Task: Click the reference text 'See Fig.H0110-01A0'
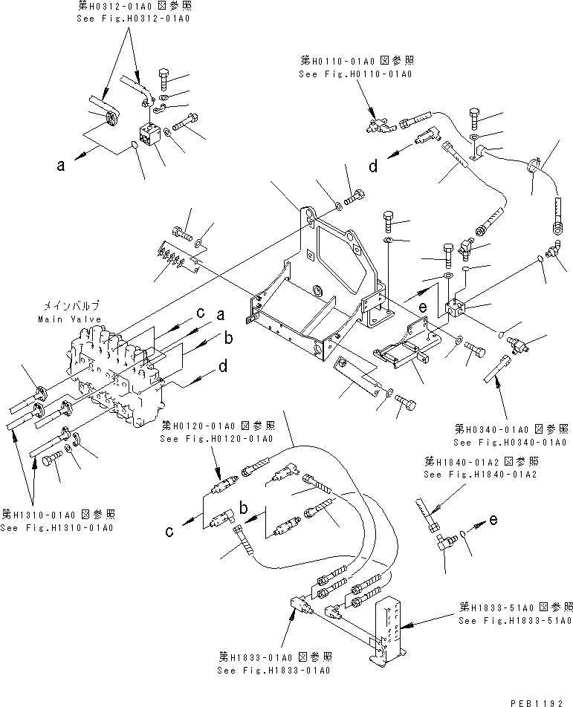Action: click(355, 74)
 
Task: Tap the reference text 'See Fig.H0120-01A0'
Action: click(217, 439)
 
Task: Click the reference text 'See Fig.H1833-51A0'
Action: click(514, 620)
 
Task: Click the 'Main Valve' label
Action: click(68, 319)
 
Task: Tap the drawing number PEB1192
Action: click(541, 700)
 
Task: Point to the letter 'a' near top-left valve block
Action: click(61, 167)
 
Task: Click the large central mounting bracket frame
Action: click(320, 282)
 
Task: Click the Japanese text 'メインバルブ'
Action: click(68, 305)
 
